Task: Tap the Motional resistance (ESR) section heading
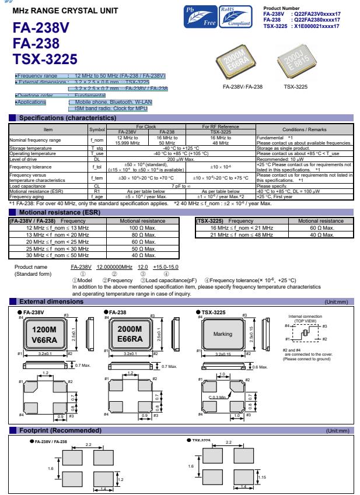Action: click(x=55, y=212)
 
